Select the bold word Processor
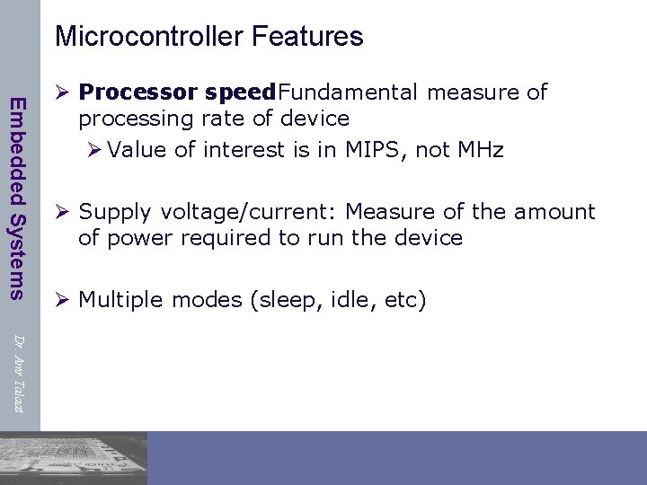point(138,93)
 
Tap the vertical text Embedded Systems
point(17,197)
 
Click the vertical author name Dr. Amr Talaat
point(17,373)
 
